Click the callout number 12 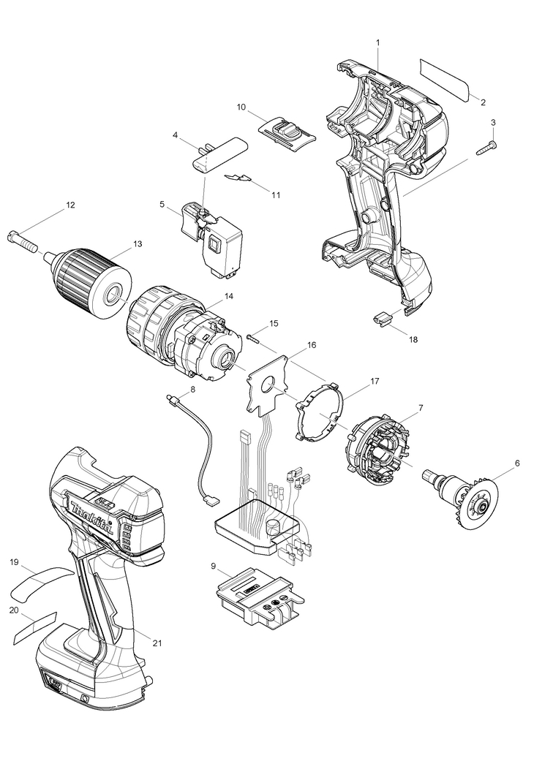tap(70, 205)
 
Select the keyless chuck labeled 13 tap(88, 284)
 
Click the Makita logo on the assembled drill tap(92, 518)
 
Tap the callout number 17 tap(375, 381)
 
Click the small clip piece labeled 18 tap(382, 318)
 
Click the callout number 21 tap(157, 643)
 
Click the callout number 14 tap(228, 296)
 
